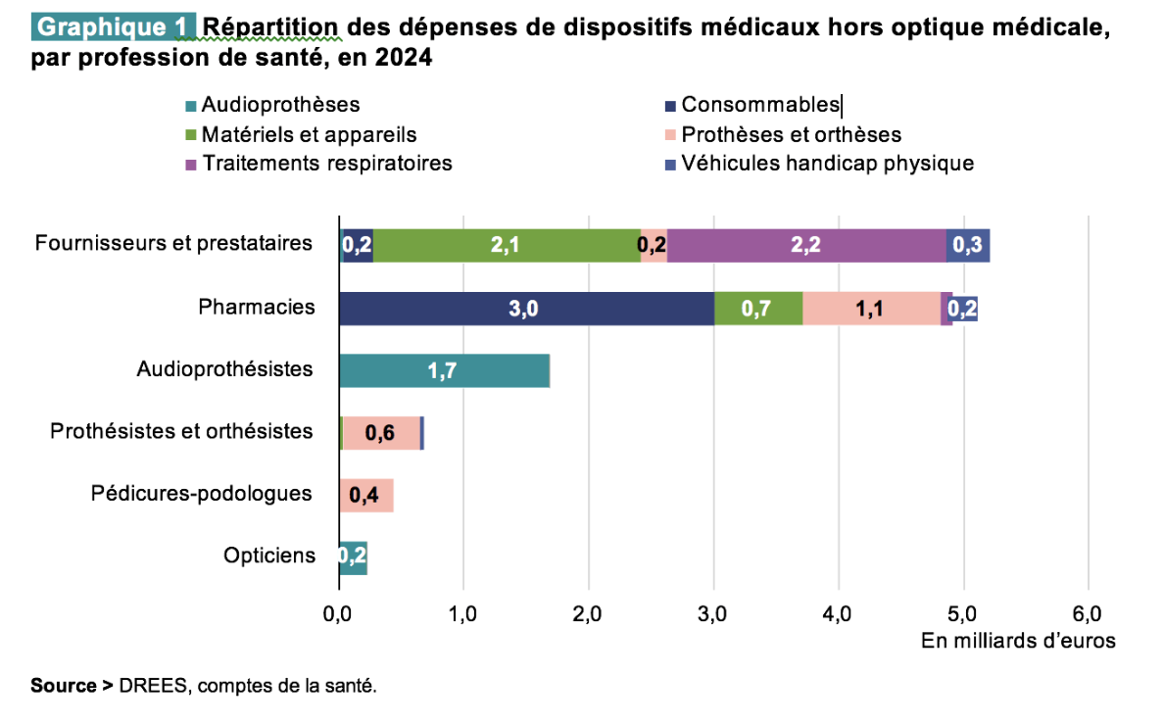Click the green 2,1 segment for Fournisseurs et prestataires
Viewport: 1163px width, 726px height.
[x=506, y=245]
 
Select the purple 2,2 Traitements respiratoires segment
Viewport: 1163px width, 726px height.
[x=806, y=245]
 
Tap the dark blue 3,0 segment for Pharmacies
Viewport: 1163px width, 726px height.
[x=526, y=308]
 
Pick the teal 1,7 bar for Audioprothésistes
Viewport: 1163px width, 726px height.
[x=444, y=371]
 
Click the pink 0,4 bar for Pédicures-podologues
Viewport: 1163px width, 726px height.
[x=366, y=496]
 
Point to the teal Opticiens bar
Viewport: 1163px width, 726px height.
[x=353, y=557]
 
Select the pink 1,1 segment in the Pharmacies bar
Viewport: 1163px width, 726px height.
[x=871, y=308]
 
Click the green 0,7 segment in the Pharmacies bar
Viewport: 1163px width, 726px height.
[x=758, y=308]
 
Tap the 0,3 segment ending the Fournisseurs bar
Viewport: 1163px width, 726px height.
[x=968, y=245]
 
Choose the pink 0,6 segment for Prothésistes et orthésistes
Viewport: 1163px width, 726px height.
[x=381, y=433]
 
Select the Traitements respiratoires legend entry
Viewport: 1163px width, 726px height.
[x=326, y=163]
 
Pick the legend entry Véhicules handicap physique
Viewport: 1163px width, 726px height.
[x=827, y=163]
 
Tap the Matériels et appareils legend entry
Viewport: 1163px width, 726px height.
[x=309, y=134]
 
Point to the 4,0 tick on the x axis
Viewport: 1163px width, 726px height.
[x=839, y=614]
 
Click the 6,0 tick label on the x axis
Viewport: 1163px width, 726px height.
[x=1088, y=614]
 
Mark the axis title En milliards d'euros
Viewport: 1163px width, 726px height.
[x=1018, y=641]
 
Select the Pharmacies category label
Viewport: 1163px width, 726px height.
[x=257, y=308]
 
